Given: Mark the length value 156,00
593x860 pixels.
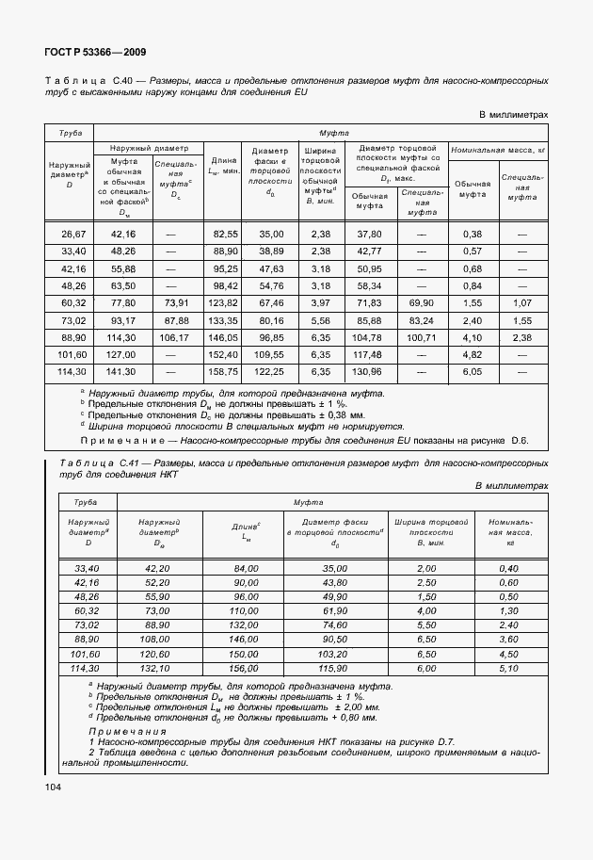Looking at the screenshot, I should (246, 668).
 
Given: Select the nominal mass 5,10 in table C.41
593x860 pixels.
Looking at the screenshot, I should (509, 668).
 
